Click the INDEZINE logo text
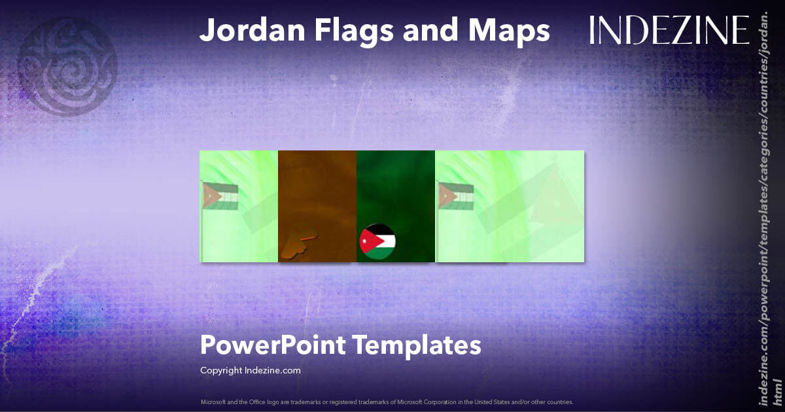click(669, 30)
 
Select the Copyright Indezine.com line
click(250, 370)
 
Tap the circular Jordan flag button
click(377, 241)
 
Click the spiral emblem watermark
click(67, 65)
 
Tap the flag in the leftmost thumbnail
click(220, 196)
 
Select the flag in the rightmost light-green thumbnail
click(456, 196)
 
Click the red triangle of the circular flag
click(366, 241)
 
